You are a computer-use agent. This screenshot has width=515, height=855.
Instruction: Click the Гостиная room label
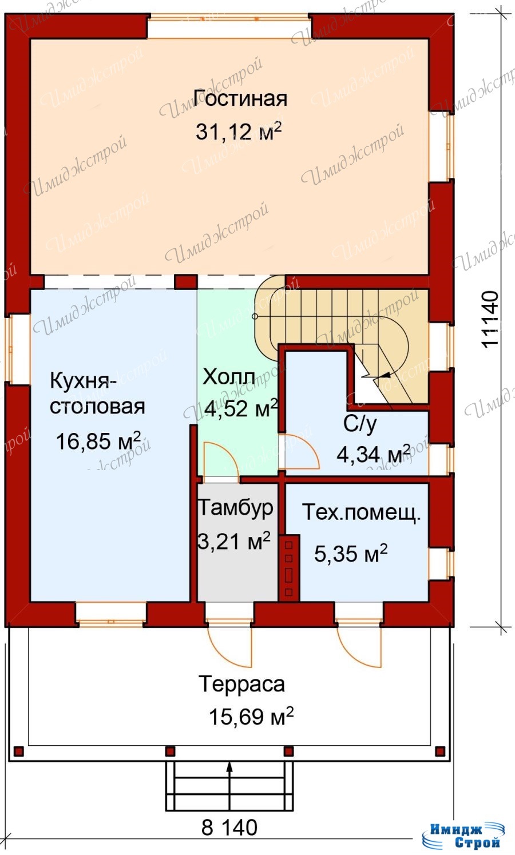point(240,98)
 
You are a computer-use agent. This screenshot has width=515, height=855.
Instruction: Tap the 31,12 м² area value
point(239,132)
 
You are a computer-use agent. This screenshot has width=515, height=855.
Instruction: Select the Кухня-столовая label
point(97,393)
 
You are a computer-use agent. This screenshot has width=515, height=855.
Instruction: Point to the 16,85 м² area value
point(98,441)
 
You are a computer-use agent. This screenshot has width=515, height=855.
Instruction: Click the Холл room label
point(229,377)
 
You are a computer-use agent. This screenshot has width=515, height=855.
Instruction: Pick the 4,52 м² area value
point(241,408)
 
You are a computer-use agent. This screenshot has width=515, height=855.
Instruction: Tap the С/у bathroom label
point(360,424)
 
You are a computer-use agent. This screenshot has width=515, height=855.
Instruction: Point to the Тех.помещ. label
point(362,512)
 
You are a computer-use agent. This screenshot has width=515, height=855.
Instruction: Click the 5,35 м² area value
point(351,554)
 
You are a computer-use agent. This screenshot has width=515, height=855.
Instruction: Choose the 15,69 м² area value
point(251,717)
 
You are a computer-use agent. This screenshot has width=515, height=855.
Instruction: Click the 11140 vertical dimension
point(490,319)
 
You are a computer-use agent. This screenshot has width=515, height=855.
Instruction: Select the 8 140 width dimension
point(229,828)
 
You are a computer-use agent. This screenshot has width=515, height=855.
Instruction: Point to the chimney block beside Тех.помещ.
point(289,567)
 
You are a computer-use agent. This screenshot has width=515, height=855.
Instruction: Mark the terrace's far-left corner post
point(19,751)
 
